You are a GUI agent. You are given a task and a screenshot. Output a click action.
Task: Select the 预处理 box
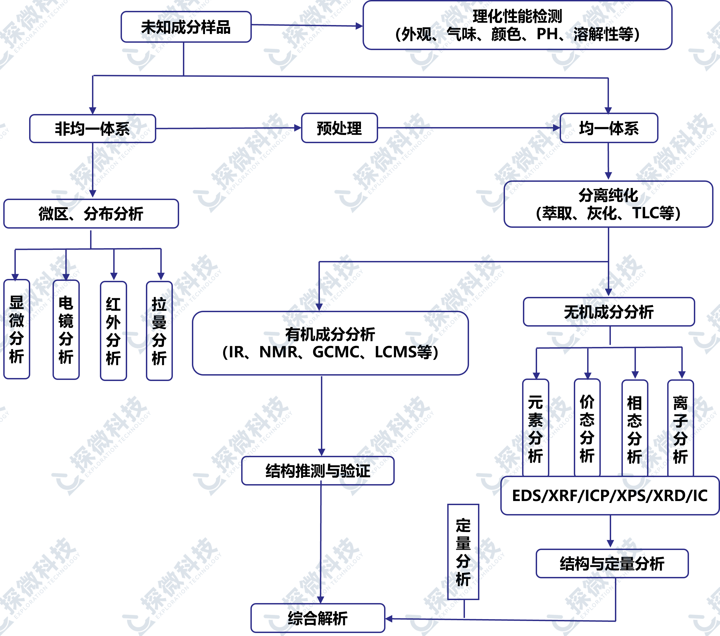point(339,128)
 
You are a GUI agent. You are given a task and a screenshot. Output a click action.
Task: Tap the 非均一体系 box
point(93,128)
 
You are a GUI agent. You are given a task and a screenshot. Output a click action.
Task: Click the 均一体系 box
point(609,128)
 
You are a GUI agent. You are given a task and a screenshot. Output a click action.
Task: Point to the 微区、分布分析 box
point(91,214)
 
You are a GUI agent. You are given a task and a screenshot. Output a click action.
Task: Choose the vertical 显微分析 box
point(17,329)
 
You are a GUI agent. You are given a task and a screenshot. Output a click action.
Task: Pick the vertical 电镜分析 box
point(66,330)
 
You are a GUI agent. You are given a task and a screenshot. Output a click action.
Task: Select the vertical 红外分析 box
point(114,331)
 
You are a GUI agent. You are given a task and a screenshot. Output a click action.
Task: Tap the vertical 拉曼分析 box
point(159,331)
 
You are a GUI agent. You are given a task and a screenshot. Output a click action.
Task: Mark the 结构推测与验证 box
point(318,471)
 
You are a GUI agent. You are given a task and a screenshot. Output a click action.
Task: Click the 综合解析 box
point(318,618)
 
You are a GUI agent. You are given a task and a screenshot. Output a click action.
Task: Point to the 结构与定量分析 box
point(612,563)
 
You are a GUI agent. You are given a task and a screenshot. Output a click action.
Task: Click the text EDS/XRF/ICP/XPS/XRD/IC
point(610,496)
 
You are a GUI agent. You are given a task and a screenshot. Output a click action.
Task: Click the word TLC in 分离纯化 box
point(645,213)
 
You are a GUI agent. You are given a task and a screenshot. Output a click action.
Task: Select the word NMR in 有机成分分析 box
point(278,352)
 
